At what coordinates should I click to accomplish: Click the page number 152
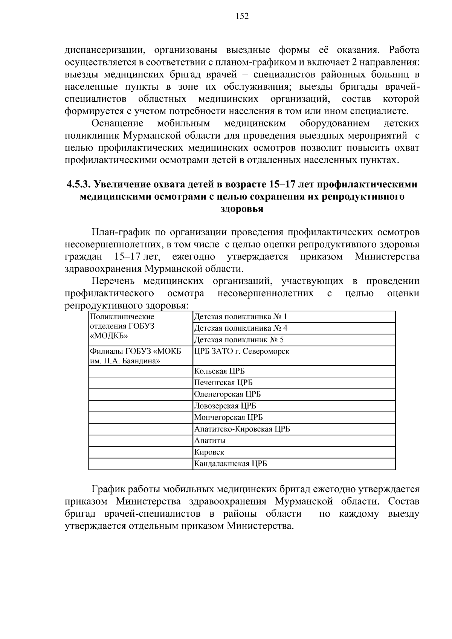[x=242, y=16]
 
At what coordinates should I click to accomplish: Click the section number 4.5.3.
[x=78, y=184]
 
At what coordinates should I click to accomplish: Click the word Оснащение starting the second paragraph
[x=118, y=124]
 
